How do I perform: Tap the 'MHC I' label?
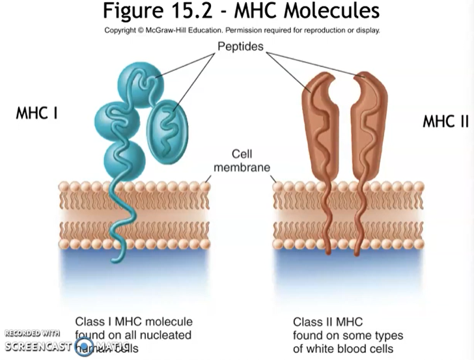[x=37, y=113]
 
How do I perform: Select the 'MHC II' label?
[x=446, y=122]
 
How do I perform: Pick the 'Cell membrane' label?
[x=242, y=161]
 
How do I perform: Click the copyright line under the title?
[x=242, y=29]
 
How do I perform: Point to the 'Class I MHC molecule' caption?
[x=133, y=322]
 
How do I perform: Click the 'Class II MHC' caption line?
[x=327, y=322]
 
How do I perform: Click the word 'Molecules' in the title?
[x=338, y=12]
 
